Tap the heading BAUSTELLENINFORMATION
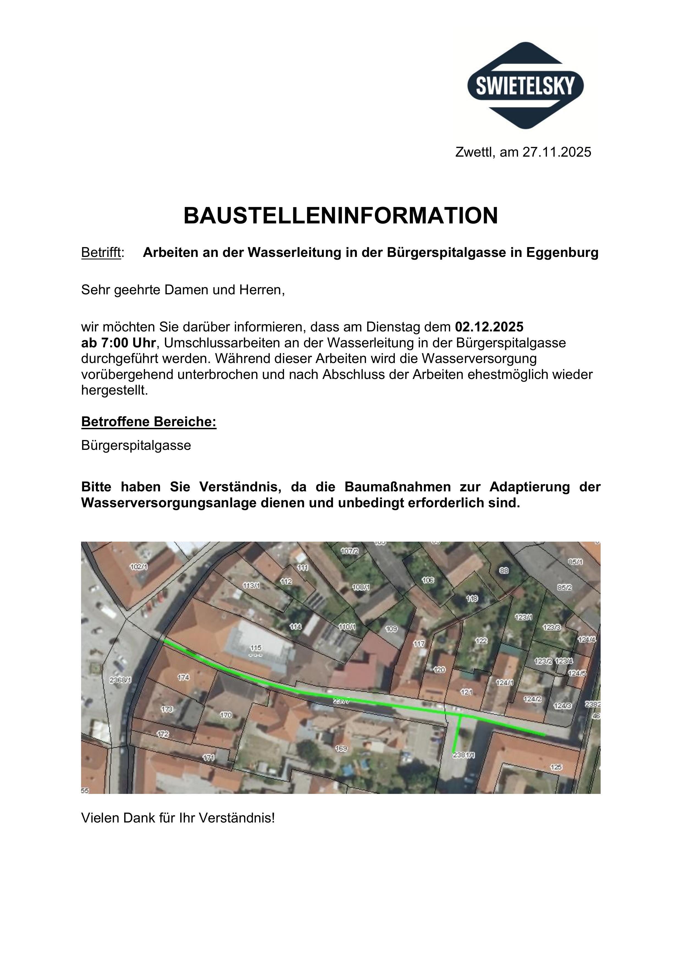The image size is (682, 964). click(341, 216)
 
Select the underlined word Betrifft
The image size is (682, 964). click(101, 253)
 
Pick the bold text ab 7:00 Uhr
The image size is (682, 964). click(118, 343)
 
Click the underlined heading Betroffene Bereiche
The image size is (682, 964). click(149, 422)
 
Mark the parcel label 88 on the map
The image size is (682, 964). click(504, 570)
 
